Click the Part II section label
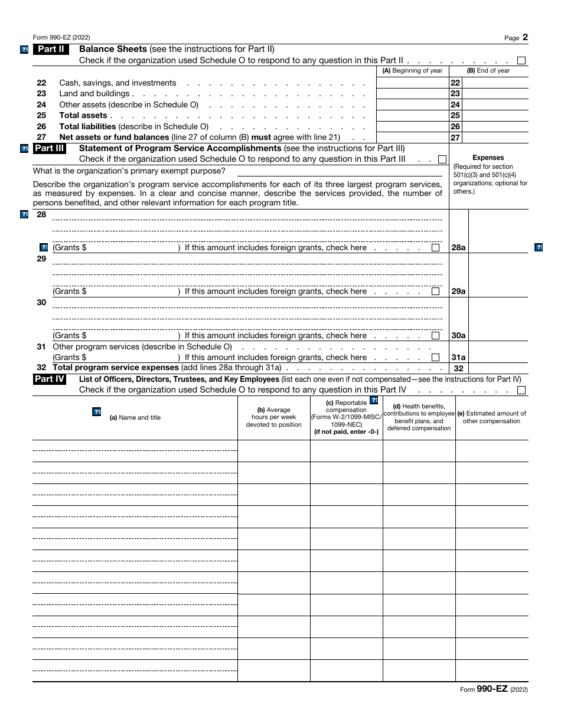[x=51, y=50]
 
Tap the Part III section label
[x=51, y=149]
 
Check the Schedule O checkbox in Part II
[x=521, y=60]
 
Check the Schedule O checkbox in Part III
[x=442, y=159]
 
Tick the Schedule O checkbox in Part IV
[x=521, y=390]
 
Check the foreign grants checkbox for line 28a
[x=435, y=248]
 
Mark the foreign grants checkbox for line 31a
[x=435, y=358]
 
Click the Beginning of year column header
[x=412, y=71]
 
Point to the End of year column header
[x=488, y=71]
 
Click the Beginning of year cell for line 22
[x=412, y=83]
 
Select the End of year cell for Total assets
[x=495, y=116]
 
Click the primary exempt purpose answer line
[x=340, y=171]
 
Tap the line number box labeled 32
[x=458, y=368]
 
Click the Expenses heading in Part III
[x=488, y=158]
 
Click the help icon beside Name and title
[x=97, y=412]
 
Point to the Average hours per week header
[x=273, y=417]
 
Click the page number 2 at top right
[x=525, y=37]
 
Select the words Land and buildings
[x=94, y=94]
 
